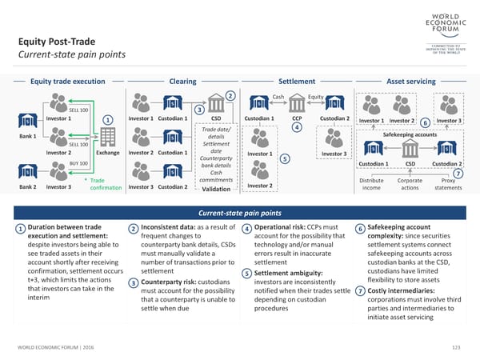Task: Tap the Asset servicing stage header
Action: tap(410, 81)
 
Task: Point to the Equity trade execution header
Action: tap(67, 81)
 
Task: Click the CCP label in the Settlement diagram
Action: tap(296, 119)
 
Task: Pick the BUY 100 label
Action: tap(78, 163)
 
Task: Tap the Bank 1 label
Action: tap(27, 136)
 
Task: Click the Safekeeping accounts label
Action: tap(410, 134)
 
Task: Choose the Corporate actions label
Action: tap(410, 183)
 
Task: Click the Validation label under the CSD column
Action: tap(216, 189)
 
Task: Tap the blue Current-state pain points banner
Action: tap(239, 212)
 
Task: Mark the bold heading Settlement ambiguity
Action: tap(290, 274)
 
